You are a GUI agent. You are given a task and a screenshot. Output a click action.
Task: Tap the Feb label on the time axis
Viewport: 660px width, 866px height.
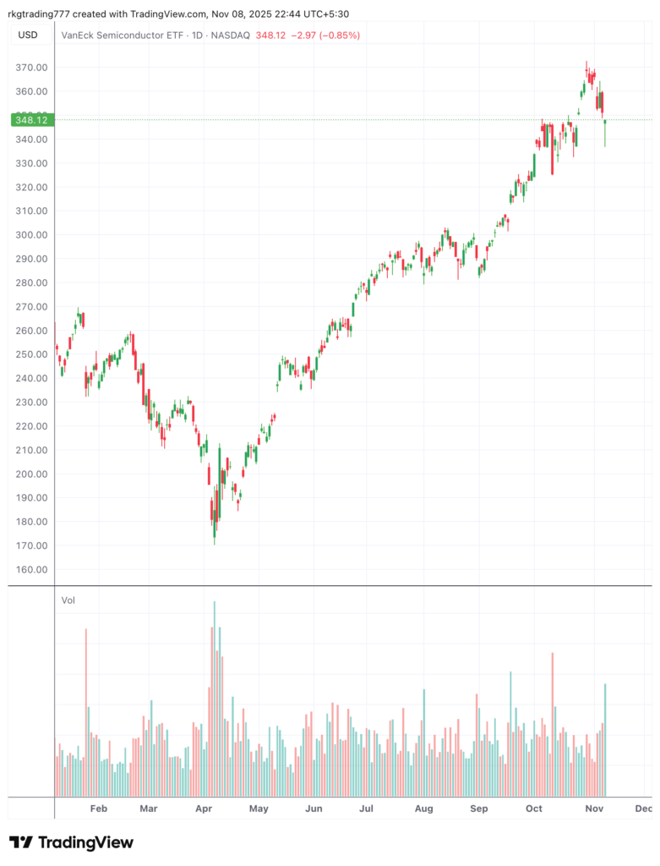point(99,808)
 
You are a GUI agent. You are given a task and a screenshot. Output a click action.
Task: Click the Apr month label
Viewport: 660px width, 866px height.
point(204,808)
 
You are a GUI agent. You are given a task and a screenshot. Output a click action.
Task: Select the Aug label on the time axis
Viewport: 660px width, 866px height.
point(424,808)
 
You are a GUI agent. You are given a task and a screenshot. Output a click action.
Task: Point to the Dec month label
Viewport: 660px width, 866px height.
point(643,808)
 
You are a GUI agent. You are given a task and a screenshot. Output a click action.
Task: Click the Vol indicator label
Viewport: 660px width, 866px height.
point(68,600)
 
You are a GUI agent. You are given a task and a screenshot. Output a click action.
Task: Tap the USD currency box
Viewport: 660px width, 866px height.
point(29,35)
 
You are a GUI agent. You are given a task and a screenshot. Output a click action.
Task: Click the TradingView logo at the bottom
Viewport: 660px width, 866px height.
point(71,842)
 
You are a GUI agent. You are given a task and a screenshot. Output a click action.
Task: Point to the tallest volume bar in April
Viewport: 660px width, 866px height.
point(215,699)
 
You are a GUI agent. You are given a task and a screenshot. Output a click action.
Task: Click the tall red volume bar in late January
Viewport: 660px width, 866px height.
point(86,712)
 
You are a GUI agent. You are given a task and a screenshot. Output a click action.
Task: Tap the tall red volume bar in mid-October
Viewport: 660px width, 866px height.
point(552,724)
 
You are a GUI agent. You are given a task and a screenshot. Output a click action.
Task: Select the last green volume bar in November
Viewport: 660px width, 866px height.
point(606,739)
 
